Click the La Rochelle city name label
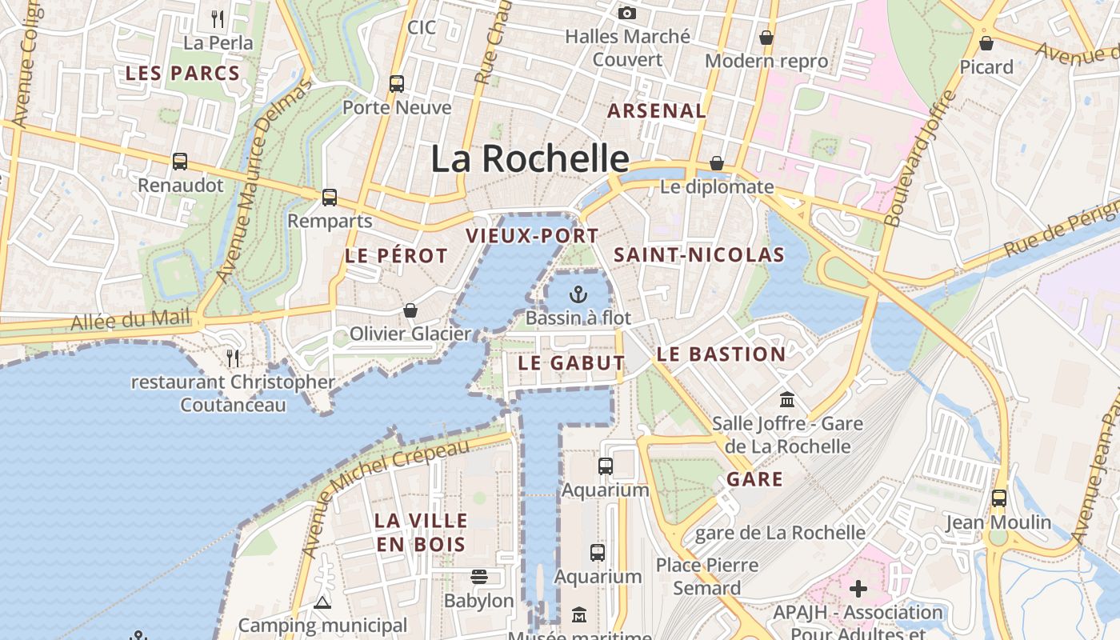(x=530, y=158)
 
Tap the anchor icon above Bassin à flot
(x=578, y=294)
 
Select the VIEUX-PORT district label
(x=532, y=236)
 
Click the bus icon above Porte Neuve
(x=397, y=83)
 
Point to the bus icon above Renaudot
(x=180, y=162)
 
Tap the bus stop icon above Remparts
(x=330, y=197)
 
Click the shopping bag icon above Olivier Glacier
(x=410, y=310)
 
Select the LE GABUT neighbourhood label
(x=571, y=362)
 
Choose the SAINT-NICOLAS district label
(x=698, y=255)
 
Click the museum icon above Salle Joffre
(x=787, y=399)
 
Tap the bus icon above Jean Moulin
(x=998, y=498)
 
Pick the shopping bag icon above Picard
(x=986, y=43)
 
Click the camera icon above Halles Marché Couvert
(x=627, y=13)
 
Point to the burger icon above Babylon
(x=479, y=577)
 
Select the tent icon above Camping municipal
(x=322, y=602)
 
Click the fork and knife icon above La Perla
(x=218, y=18)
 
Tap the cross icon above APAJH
(x=858, y=590)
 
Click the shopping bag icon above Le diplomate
(x=717, y=163)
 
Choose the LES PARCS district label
(x=182, y=74)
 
